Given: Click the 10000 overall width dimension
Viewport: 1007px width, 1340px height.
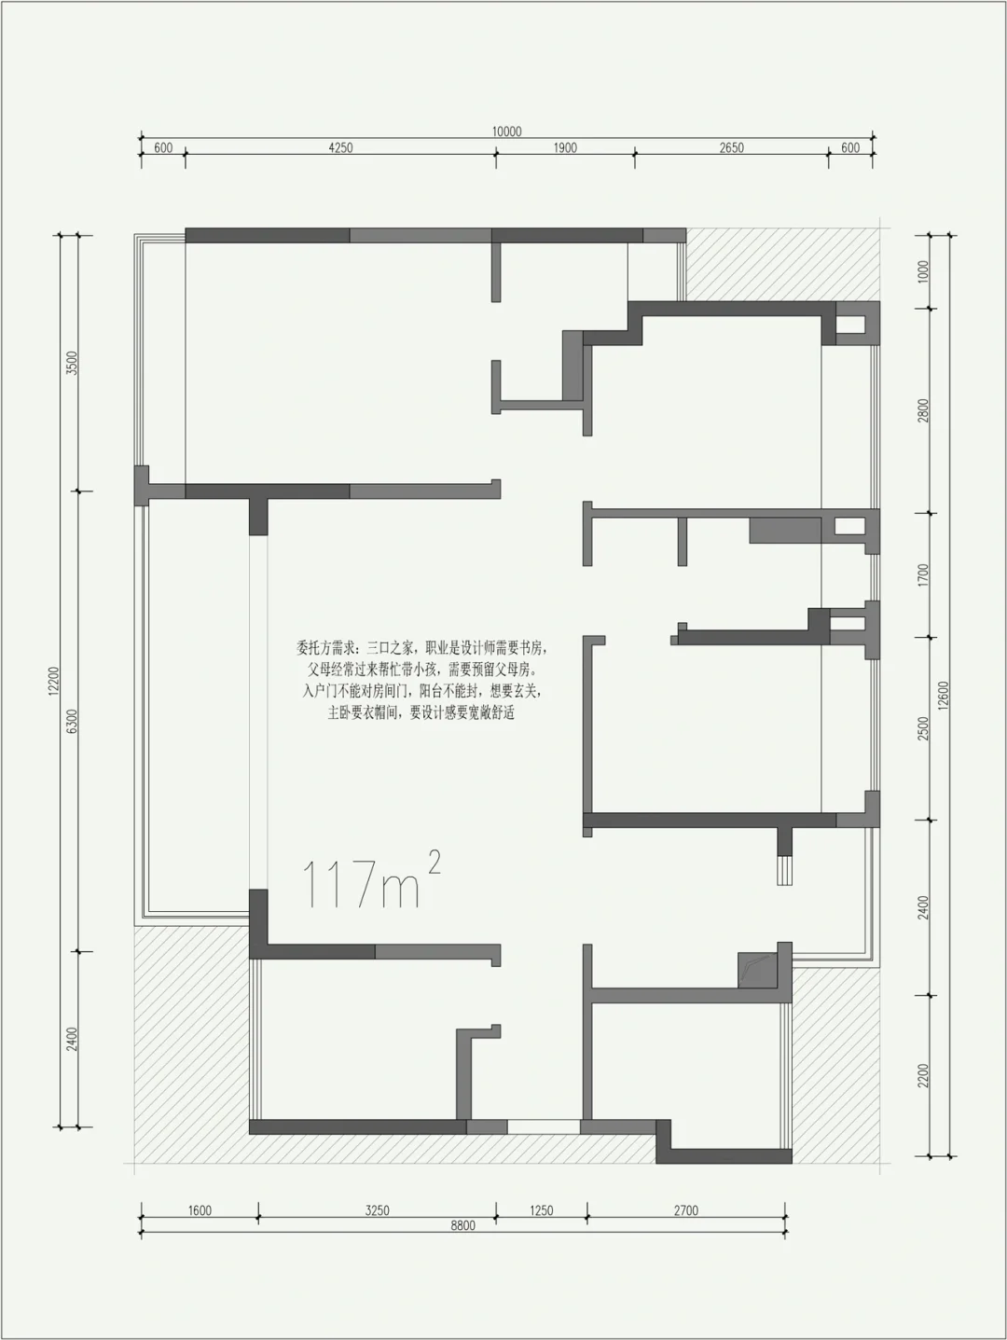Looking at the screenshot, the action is [x=506, y=131].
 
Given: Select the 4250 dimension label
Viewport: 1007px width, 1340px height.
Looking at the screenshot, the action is [x=340, y=147].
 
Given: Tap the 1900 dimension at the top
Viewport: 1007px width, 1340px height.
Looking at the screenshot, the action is [x=565, y=147].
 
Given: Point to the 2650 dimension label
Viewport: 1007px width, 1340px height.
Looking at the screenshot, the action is [x=731, y=147].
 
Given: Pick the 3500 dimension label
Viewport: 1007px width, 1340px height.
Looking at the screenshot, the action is [x=72, y=364].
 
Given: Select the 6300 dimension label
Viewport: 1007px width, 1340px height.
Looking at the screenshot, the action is [x=72, y=722].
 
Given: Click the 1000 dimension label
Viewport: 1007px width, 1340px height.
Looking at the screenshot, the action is [x=923, y=271].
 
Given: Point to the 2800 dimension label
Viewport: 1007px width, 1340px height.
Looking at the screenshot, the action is [x=923, y=410].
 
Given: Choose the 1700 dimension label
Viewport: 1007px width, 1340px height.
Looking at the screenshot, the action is [x=923, y=575].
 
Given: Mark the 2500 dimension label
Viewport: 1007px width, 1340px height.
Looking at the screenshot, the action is [x=923, y=729].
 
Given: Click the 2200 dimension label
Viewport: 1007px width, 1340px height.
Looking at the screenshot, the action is [x=923, y=1076].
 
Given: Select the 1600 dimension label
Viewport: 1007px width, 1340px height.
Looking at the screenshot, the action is [x=200, y=1210].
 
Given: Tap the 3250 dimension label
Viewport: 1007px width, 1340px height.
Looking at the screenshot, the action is [x=378, y=1210].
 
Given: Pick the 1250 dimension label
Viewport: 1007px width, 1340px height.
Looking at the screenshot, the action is [x=542, y=1210].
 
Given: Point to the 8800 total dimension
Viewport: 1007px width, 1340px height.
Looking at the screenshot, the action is [x=462, y=1226].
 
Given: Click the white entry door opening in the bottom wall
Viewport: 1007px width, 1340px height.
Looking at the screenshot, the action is [x=544, y=1127].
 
